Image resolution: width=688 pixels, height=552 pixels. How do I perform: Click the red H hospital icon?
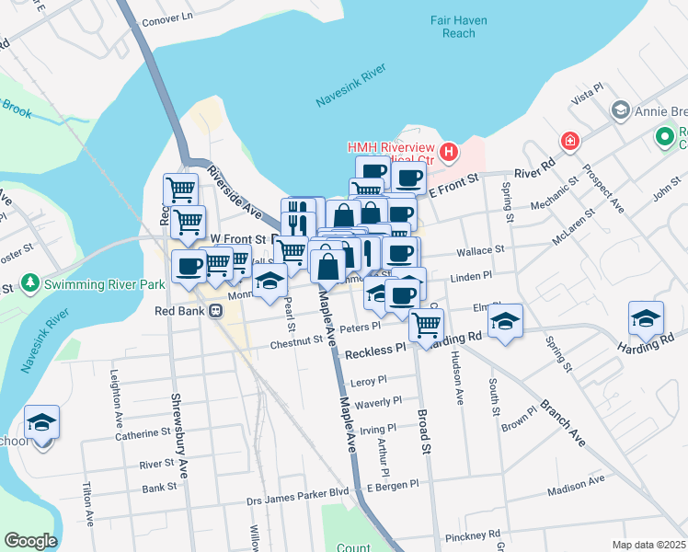pos(449,151)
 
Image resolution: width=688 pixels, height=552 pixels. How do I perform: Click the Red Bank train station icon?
pos(215,310)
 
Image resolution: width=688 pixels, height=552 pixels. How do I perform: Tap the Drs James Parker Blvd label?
pos(297,491)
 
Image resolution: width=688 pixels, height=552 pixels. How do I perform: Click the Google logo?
pos(29,541)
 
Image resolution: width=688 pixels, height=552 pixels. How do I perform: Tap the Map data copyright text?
pos(649,545)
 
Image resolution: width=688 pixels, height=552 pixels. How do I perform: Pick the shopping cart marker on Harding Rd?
pos(426,325)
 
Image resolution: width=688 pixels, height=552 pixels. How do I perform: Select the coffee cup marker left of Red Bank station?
pos(189,267)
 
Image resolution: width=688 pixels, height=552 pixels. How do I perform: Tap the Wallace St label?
pos(481,249)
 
